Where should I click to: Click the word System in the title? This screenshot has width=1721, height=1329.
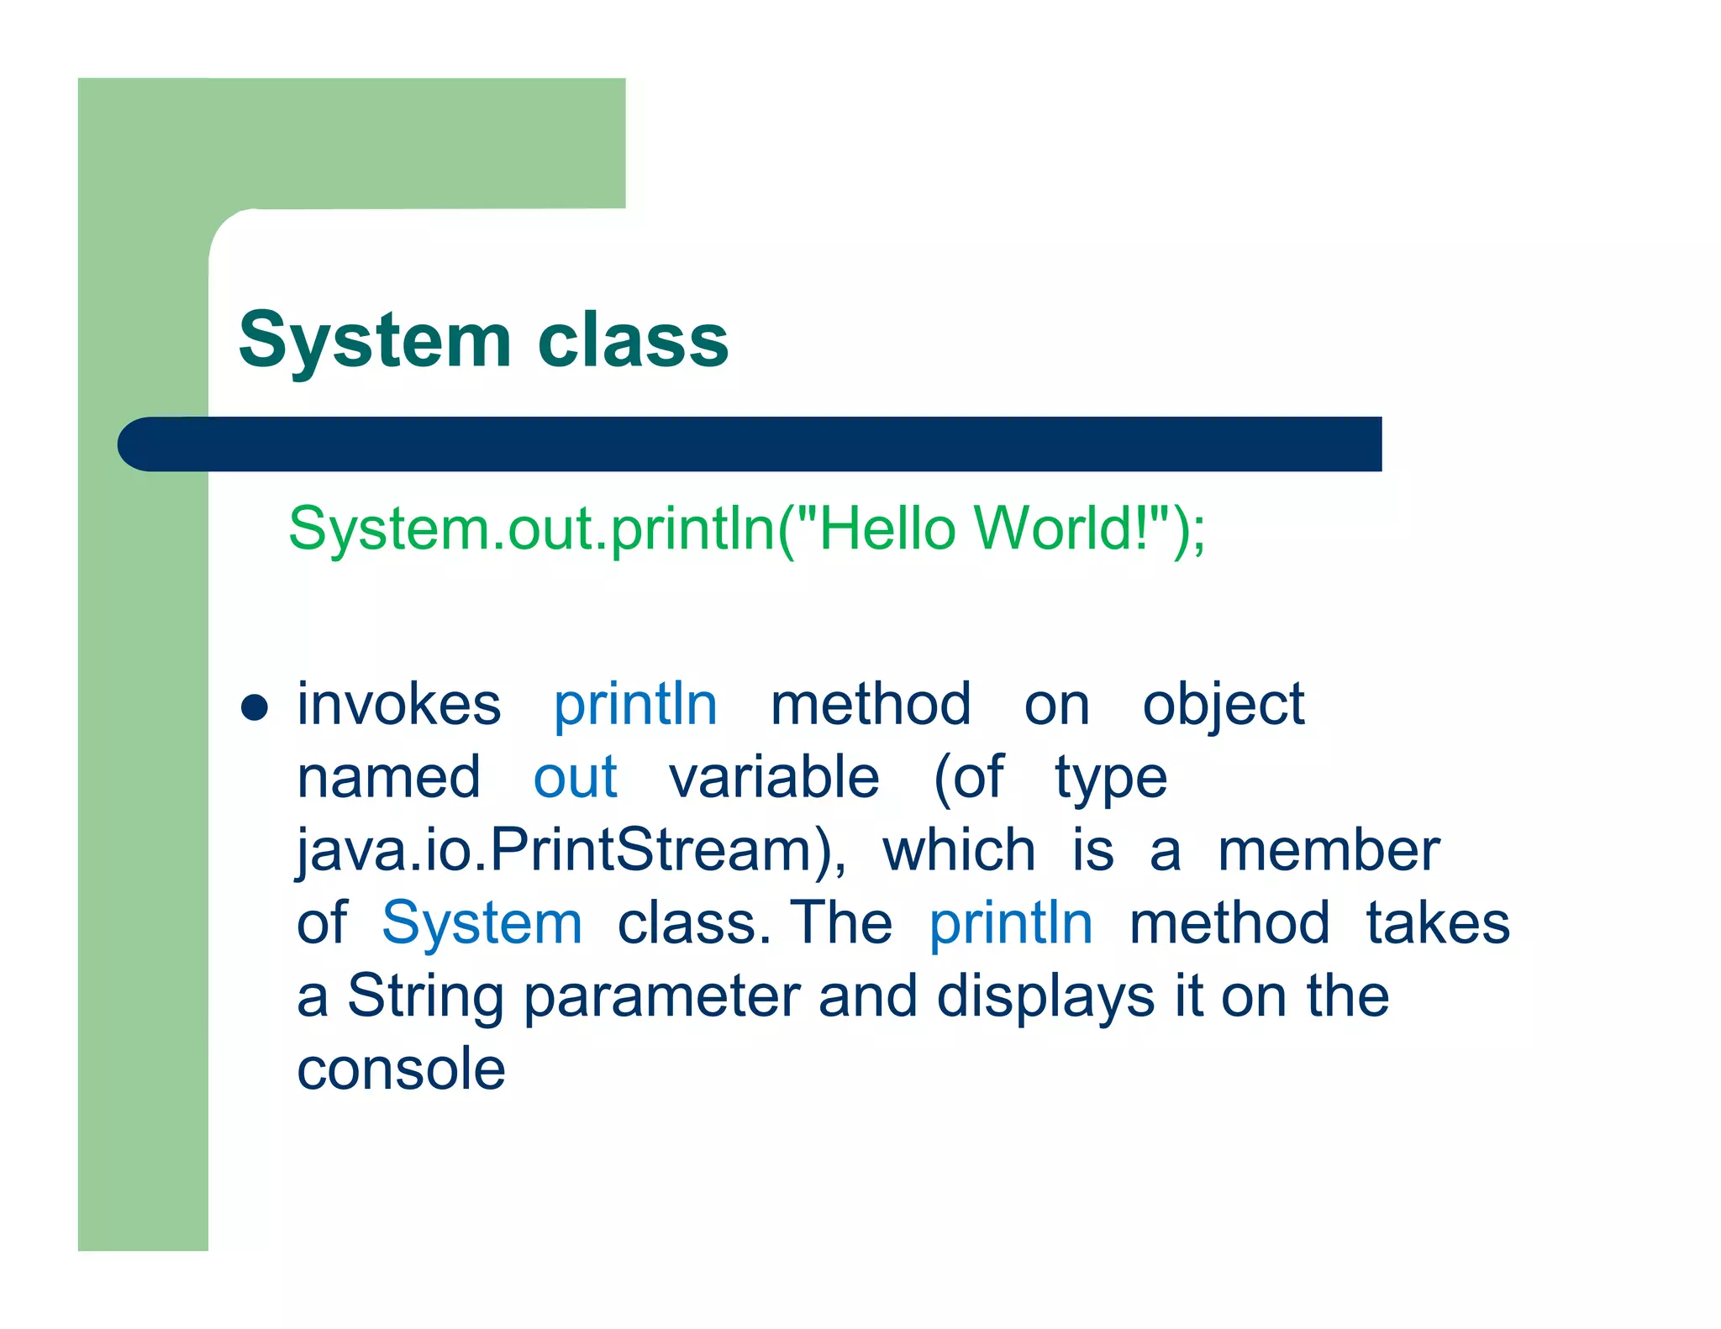click(375, 341)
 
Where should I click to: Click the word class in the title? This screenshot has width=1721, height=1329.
click(633, 341)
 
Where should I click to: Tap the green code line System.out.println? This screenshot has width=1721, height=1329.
click(746, 529)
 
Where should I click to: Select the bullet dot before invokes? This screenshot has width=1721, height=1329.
click(254, 707)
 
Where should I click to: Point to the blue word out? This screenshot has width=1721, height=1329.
click(576, 777)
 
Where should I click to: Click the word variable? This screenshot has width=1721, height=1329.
click(774, 777)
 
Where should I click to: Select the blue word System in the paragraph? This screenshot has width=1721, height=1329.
click(482, 923)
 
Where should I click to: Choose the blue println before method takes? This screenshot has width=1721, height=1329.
click(1011, 923)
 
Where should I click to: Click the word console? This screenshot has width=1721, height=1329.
click(402, 1069)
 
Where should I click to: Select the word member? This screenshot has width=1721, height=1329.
click(1329, 850)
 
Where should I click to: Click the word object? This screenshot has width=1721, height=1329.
click(1224, 706)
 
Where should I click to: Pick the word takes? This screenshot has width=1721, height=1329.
click(1438, 923)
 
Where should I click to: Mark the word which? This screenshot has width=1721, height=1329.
click(959, 850)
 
